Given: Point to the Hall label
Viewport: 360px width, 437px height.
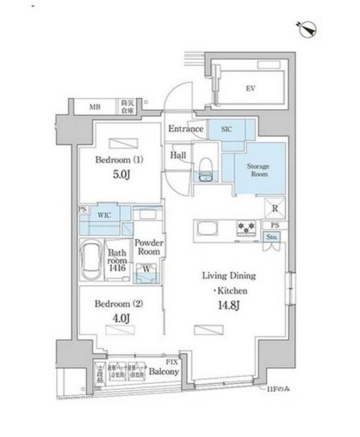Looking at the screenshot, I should [180, 155].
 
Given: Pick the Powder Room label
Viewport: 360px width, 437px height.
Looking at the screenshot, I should [149, 246].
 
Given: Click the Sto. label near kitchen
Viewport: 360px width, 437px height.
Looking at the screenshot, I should [274, 237].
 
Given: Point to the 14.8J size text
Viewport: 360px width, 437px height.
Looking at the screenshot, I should [223, 305].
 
